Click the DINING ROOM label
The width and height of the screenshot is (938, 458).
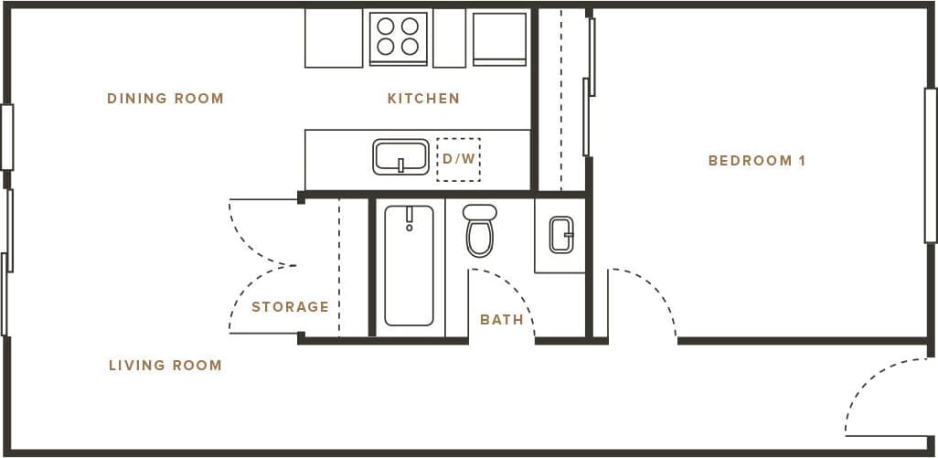point(165,99)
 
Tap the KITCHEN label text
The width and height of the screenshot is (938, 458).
point(423,99)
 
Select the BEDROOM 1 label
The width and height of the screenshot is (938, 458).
point(757,161)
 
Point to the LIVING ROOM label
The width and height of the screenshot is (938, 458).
point(165,366)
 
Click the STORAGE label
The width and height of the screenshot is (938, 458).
point(290,307)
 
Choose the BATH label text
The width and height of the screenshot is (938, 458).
point(502,320)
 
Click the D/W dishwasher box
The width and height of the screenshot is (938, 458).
point(458,159)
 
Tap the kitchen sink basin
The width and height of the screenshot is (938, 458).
point(400,156)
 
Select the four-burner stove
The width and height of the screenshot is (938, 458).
point(399,37)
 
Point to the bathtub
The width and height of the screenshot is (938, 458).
point(409,265)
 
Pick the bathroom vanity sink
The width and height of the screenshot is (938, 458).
point(561,235)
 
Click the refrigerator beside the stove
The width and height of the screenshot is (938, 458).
point(499,38)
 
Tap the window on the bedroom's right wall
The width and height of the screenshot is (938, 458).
point(931,165)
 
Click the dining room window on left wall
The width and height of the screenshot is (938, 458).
point(6,137)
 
